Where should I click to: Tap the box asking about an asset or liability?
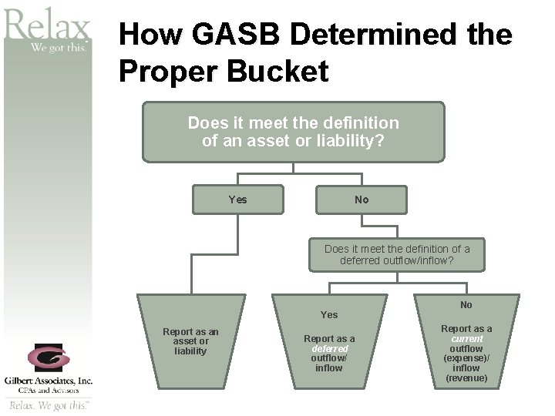click(293, 132)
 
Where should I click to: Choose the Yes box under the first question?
click(238, 200)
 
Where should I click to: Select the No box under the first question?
click(362, 200)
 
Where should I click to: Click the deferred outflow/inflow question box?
click(397, 255)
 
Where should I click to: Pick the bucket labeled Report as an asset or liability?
click(190, 341)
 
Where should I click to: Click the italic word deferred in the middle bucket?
click(329, 348)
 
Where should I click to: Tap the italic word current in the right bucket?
click(466, 339)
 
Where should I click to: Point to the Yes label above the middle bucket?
click(329, 314)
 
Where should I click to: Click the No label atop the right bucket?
click(466, 305)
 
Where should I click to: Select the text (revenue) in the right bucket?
click(466, 378)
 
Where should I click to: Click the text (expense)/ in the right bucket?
click(466, 358)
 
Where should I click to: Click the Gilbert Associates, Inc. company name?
click(48, 381)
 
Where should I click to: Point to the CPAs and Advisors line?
click(48, 390)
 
